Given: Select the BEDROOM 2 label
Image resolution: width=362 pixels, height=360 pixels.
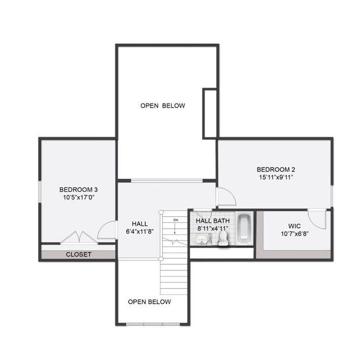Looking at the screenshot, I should pos(275,169).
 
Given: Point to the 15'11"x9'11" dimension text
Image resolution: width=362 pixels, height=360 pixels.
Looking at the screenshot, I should pos(275,177).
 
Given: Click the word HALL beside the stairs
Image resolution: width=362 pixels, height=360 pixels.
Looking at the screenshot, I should pos(139,223).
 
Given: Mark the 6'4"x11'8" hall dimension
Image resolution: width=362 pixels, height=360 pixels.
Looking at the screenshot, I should pos(139,231).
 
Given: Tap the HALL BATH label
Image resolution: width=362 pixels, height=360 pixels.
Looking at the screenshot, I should pos(212,220).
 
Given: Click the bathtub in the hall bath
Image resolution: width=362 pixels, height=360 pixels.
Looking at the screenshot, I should pos(245,228).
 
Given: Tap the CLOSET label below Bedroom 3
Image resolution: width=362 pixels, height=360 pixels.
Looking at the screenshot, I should pos(79,254).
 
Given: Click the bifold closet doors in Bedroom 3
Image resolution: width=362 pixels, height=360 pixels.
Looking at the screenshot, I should pos(78,237).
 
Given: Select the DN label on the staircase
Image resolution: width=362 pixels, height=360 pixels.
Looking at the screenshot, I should pos(176,220).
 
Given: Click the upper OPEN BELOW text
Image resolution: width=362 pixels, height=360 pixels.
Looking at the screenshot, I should pos(163,106).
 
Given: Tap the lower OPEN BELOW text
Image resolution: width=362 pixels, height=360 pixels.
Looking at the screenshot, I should pos(149,302).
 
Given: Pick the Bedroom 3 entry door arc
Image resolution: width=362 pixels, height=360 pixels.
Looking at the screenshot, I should pos(107,229).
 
